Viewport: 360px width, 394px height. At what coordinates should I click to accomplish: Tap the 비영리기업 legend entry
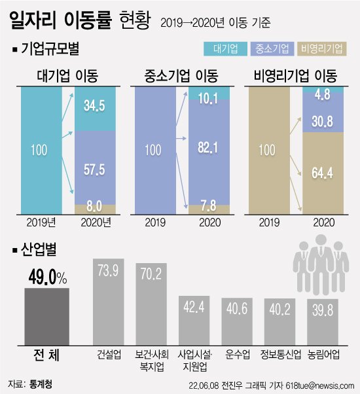(322, 49)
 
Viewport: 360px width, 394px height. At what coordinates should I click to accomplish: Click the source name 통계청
(37, 382)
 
